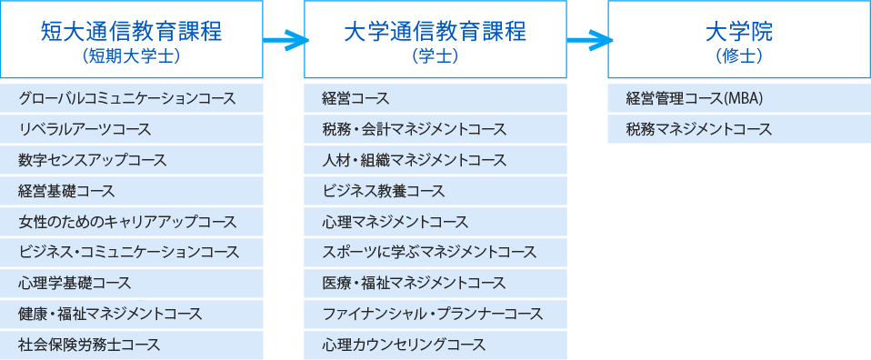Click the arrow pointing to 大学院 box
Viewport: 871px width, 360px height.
[x=588, y=39]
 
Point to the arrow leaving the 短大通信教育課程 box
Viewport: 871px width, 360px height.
[x=285, y=39]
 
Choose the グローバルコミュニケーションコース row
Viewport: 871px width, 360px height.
[x=127, y=98]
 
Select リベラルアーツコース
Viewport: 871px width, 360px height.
[x=85, y=129]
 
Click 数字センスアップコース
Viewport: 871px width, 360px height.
[x=93, y=160]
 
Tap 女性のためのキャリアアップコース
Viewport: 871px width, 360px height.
[x=127, y=222]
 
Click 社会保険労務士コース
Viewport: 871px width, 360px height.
[x=89, y=345]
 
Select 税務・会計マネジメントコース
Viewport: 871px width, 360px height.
[x=415, y=129]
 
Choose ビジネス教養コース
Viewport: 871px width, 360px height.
[x=384, y=191]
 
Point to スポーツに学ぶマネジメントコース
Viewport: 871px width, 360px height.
[x=429, y=252]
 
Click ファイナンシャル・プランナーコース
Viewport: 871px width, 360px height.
[x=433, y=314]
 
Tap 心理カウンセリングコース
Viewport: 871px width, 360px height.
[x=405, y=345]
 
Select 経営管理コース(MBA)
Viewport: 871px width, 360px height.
[x=694, y=98]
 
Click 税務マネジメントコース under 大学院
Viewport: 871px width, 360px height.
[x=699, y=129]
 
